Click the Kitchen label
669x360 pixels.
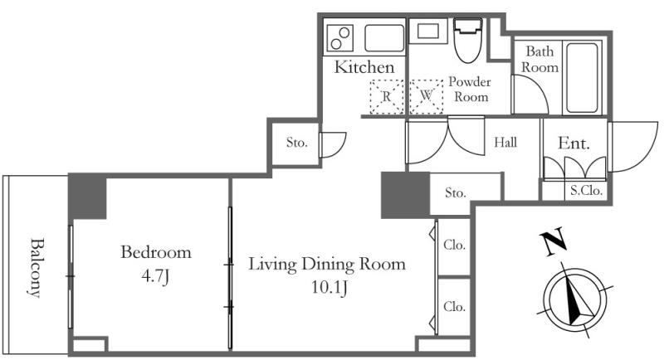[364, 67]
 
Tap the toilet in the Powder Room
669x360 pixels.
[467, 40]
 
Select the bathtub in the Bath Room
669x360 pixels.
[582, 78]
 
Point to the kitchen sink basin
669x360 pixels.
[384, 38]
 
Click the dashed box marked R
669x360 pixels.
[387, 97]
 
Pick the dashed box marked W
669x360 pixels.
[427, 97]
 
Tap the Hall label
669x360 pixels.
[505, 142]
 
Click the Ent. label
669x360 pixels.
[574, 143]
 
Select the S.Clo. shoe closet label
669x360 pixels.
[586, 191]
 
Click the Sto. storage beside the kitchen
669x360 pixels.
[296, 142]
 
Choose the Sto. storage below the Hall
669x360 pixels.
[455, 192]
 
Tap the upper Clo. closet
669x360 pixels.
[454, 245]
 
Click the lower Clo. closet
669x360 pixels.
[454, 306]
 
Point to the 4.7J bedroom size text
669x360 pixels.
[155, 277]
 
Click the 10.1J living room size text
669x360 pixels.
[329, 287]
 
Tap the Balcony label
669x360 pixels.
[37, 268]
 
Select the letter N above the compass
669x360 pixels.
[554, 242]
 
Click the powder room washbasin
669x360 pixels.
[428, 32]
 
